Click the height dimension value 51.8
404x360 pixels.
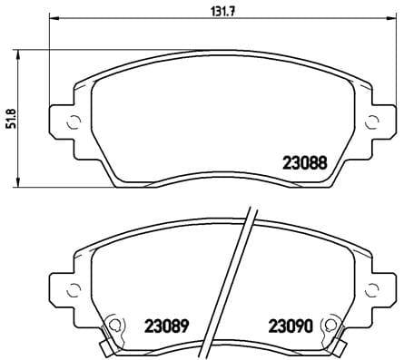[11, 117]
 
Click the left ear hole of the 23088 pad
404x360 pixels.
[71, 121]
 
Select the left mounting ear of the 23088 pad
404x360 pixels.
[65, 122]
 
